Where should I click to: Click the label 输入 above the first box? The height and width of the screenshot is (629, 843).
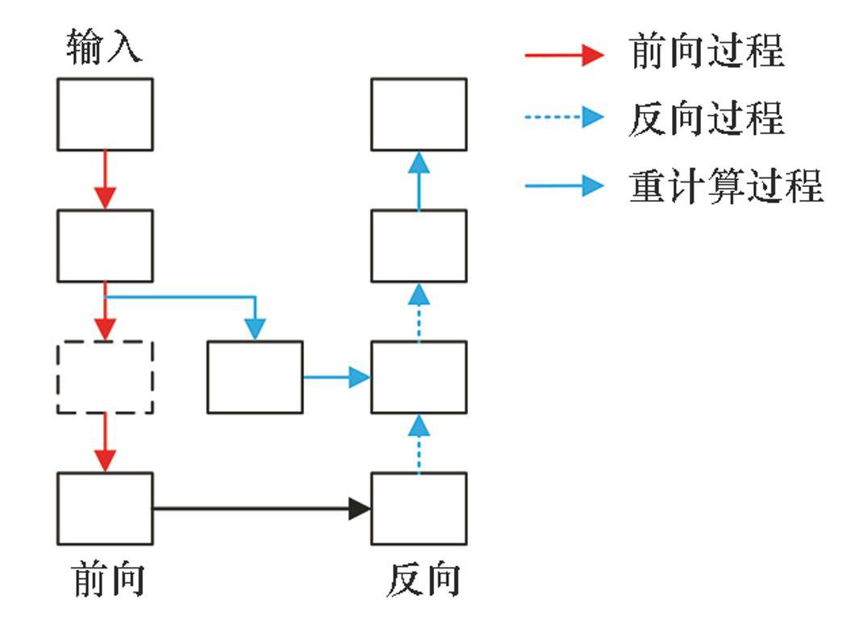pyautogui.click(x=104, y=48)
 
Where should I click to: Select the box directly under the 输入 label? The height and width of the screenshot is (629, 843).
pyautogui.click(x=105, y=114)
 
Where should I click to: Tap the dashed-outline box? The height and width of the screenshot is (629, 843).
pyautogui.click(x=105, y=377)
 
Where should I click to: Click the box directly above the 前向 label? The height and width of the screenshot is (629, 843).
pyautogui.click(x=105, y=509)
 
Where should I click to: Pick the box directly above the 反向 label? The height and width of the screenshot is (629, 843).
pyautogui.click(x=419, y=509)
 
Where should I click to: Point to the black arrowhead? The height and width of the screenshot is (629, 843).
pyautogui.click(x=359, y=509)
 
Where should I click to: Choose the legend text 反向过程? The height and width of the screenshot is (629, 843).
pyautogui.click(x=707, y=119)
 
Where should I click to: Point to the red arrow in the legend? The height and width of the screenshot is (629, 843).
pyautogui.click(x=564, y=54)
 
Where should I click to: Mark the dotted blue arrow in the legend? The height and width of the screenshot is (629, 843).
pyautogui.click(x=564, y=119)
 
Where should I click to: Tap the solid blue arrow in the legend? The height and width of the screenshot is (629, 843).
pyautogui.click(x=564, y=186)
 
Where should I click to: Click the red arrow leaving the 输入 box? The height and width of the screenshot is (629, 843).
pyautogui.click(x=105, y=179)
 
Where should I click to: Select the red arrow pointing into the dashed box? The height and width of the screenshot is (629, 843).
pyautogui.click(x=105, y=311)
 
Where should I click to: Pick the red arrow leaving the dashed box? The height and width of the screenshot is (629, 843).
pyautogui.click(x=105, y=443)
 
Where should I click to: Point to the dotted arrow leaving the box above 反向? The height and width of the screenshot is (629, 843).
pyautogui.click(x=419, y=443)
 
